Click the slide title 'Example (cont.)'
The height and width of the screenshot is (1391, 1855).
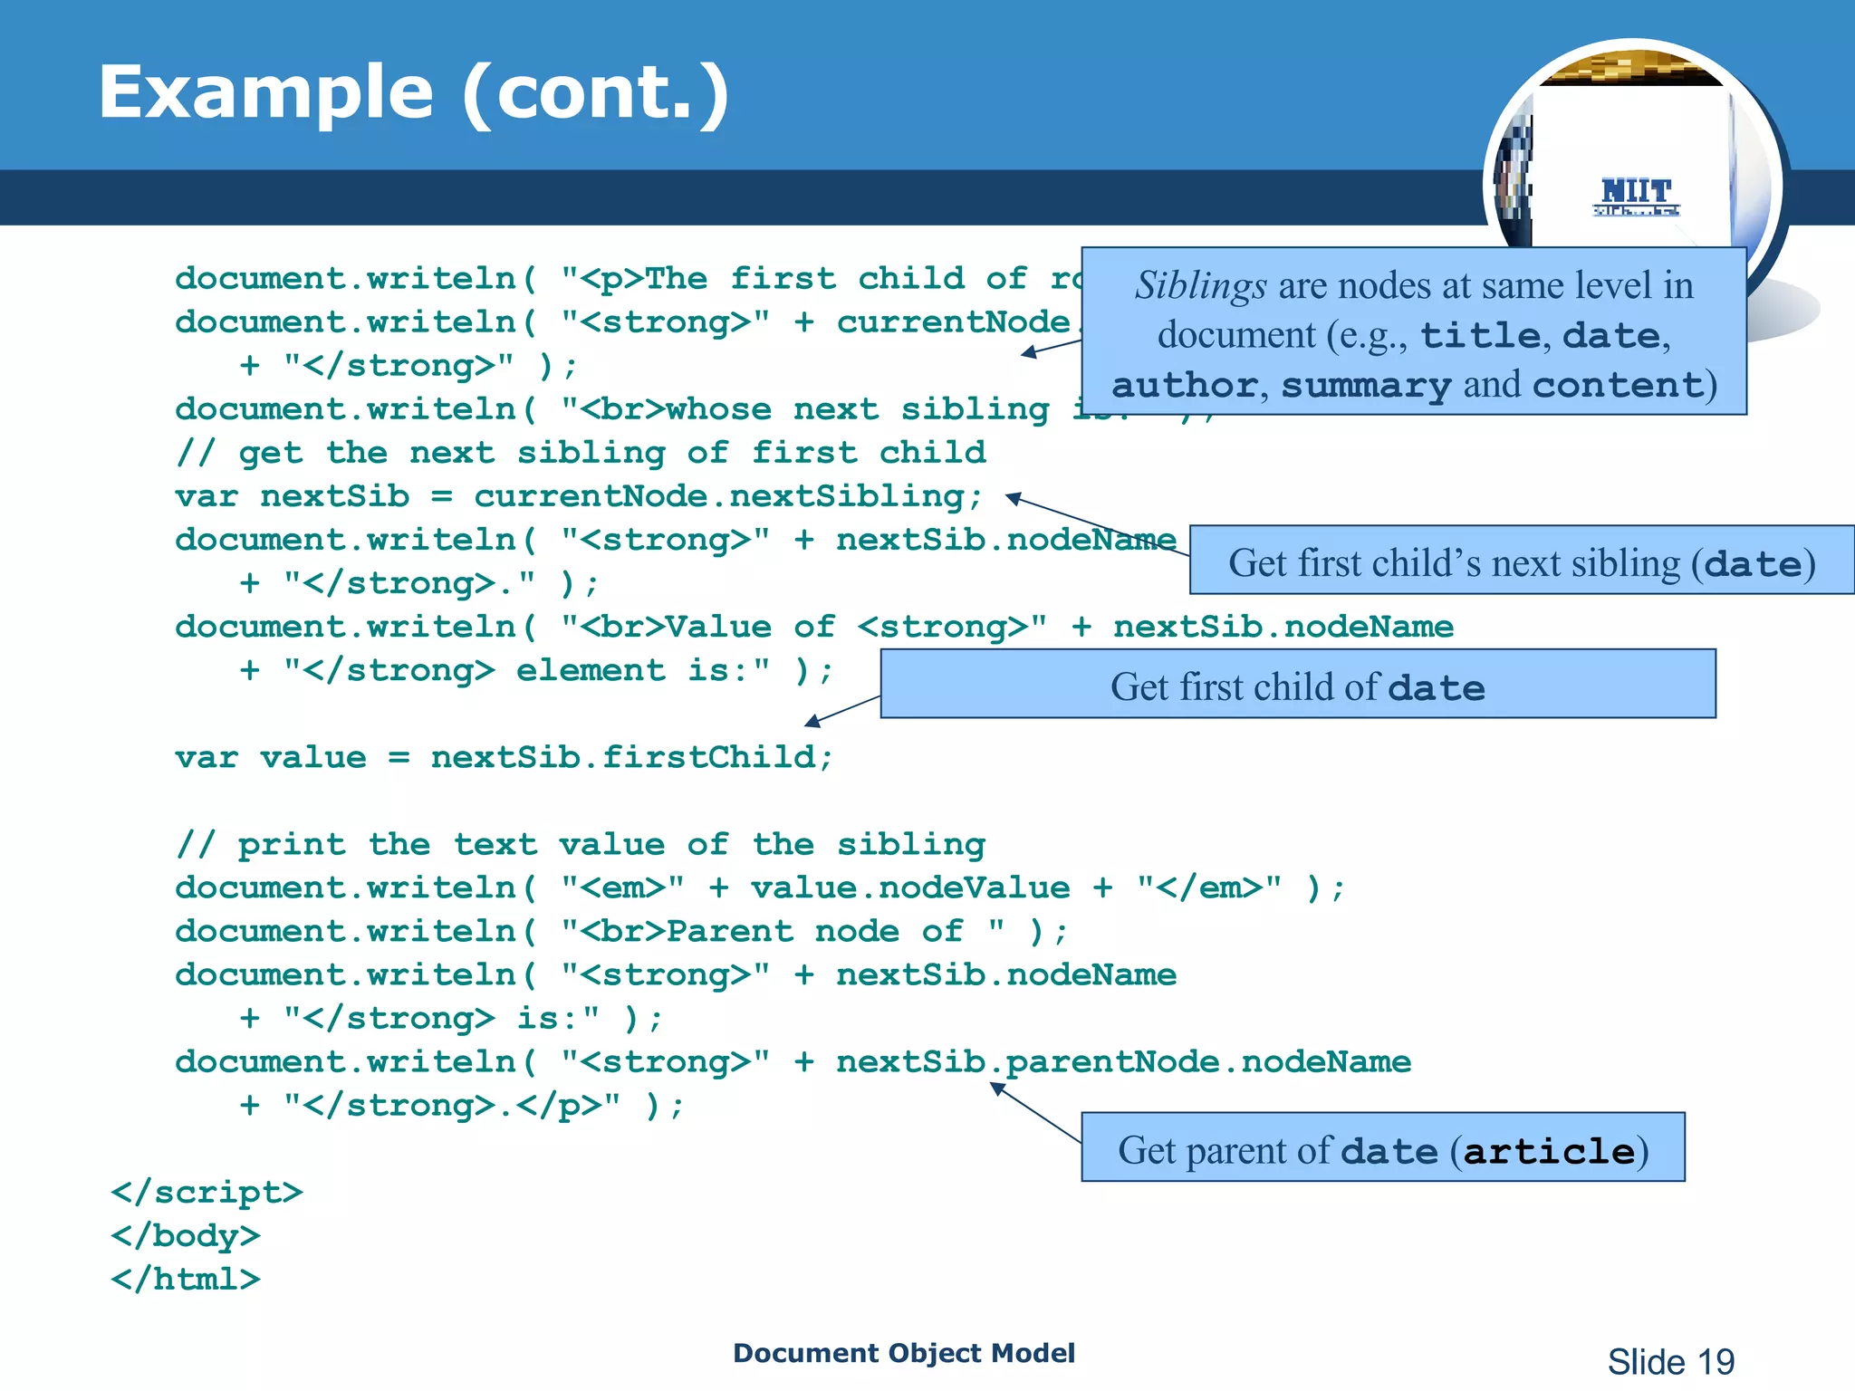413,92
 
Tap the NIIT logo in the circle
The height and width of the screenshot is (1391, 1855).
1636,196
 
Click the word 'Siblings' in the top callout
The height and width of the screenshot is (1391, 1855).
1200,286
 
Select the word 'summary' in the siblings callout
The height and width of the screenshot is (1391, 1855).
1366,386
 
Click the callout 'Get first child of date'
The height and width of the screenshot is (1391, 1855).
1297,686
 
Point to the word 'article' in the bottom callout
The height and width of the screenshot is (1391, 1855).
1549,1152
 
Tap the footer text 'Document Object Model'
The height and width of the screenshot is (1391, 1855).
903,1353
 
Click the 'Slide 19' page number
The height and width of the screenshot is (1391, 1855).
1670,1361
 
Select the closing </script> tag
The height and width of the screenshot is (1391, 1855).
207,1193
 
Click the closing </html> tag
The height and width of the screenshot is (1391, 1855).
186,1280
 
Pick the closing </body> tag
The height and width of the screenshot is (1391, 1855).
186,1236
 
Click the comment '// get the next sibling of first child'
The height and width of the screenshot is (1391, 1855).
580,453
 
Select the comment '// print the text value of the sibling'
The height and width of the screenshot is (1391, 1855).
580,844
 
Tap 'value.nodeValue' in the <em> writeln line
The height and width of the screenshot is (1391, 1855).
909,887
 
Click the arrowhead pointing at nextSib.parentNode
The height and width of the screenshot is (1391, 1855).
997,1089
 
